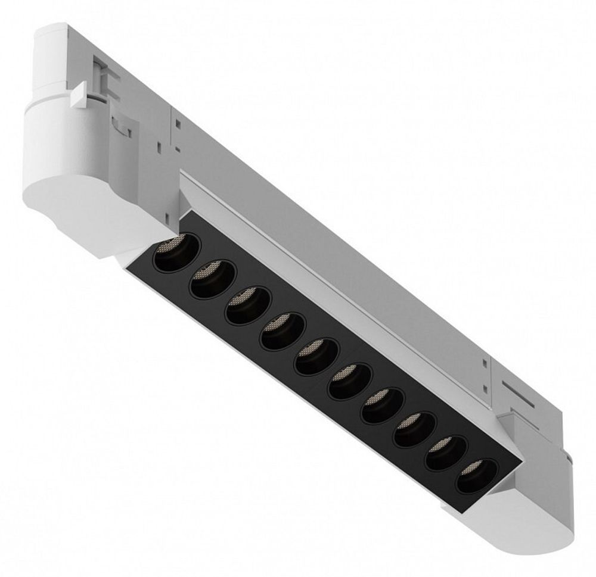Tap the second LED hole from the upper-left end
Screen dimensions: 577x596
click(212, 280)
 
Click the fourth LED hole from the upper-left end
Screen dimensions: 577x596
click(283, 331)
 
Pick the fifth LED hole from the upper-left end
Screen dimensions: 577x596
click(316, 356)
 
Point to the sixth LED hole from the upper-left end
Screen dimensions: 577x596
click(350, 381)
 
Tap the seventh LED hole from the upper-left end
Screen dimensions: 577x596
click(383, 406)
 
